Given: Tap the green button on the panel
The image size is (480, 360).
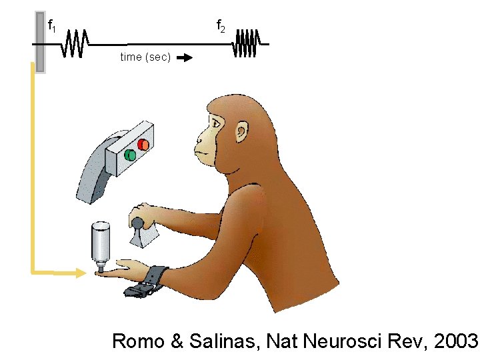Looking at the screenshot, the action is click(x=130, y=155).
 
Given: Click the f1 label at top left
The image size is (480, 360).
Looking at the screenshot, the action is click(x=52, y=26).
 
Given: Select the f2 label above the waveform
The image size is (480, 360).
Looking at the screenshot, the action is click(x=221, y=26).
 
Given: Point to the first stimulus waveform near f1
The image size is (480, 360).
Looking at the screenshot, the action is click(x=76, y=44).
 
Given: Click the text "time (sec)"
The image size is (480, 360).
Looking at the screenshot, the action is click(x=145, y=57).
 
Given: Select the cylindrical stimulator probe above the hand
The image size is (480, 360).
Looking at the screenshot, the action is click(x=101, y=245).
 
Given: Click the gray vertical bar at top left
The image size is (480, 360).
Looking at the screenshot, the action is click(x=40, y=40).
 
